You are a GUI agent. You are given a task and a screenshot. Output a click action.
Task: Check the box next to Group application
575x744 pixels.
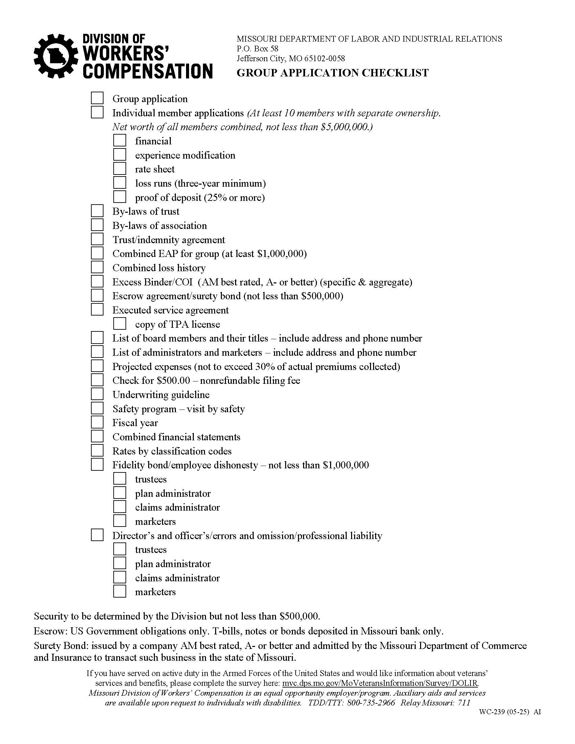click(x=97, y=98)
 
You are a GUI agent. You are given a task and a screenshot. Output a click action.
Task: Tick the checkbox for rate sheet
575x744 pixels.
click(x=119, y=169)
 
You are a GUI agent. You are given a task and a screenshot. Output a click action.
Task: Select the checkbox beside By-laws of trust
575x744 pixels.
click(x=97, y=211)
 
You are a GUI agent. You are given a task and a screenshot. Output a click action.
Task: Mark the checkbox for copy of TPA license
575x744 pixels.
click(x=119, y=324)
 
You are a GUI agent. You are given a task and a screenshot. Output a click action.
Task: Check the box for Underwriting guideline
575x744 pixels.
click(x=97, y=394)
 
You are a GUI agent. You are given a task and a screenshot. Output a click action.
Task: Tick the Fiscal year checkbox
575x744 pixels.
click(x=97, y=422)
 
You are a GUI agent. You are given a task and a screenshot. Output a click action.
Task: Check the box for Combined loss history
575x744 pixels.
click(x=97, y=267)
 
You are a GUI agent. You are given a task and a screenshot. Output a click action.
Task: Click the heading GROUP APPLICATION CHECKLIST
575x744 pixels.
click(x=332, y=73)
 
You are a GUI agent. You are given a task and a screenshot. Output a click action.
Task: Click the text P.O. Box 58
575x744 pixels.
click(x=257, y=49)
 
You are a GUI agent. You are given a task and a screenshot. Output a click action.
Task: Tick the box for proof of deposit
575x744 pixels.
click(x=119, y=197)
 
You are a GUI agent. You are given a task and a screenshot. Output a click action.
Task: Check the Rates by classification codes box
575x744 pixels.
click(x=97, y=450)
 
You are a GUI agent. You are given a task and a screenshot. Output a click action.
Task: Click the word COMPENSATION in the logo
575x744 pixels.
click(x=148, y=72)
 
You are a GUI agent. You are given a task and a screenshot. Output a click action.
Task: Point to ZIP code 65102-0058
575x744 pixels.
click(x=324, y=59)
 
